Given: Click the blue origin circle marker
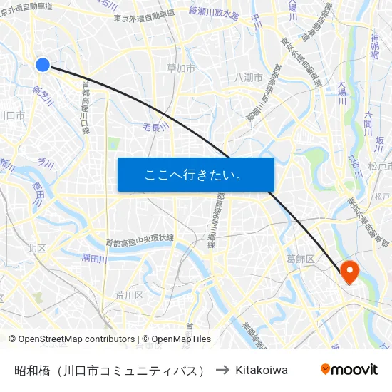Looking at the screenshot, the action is click(42, 65).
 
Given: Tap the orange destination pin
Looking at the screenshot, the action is click(349, 271).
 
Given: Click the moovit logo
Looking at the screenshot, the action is click(349, 370).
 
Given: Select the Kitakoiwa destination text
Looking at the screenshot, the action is click(262, 370).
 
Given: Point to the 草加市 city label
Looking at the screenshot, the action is click(181, 68).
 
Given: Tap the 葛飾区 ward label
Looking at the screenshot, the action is click(299, 258).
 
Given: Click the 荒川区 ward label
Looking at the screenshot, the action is click(129, 294).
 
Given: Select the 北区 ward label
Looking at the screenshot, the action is click(37, 248).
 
